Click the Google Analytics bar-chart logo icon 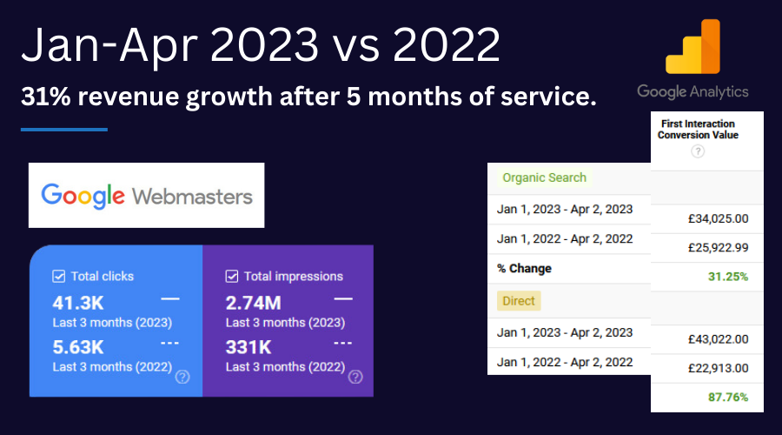click(693, 46)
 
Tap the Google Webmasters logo click(147, 195)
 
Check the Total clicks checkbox click(59, 276)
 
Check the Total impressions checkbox click(232, 276)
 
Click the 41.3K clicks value click(78, 303)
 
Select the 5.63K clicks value click(78, 347)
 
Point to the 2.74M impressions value click(254, 303)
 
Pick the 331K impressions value click(249, 347)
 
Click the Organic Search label click(544, 177)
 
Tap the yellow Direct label click(519, 301)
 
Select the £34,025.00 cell click(719, 218)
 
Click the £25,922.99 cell click(719, 248)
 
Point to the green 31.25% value click(728, 277)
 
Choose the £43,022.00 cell click(719, 339)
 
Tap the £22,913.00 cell click(719, 369)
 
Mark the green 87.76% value click(728, 398)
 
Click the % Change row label click(524, 269)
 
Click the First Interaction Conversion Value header click(698, 130)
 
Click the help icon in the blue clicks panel click(182, 377)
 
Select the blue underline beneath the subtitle click(64, 130)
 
